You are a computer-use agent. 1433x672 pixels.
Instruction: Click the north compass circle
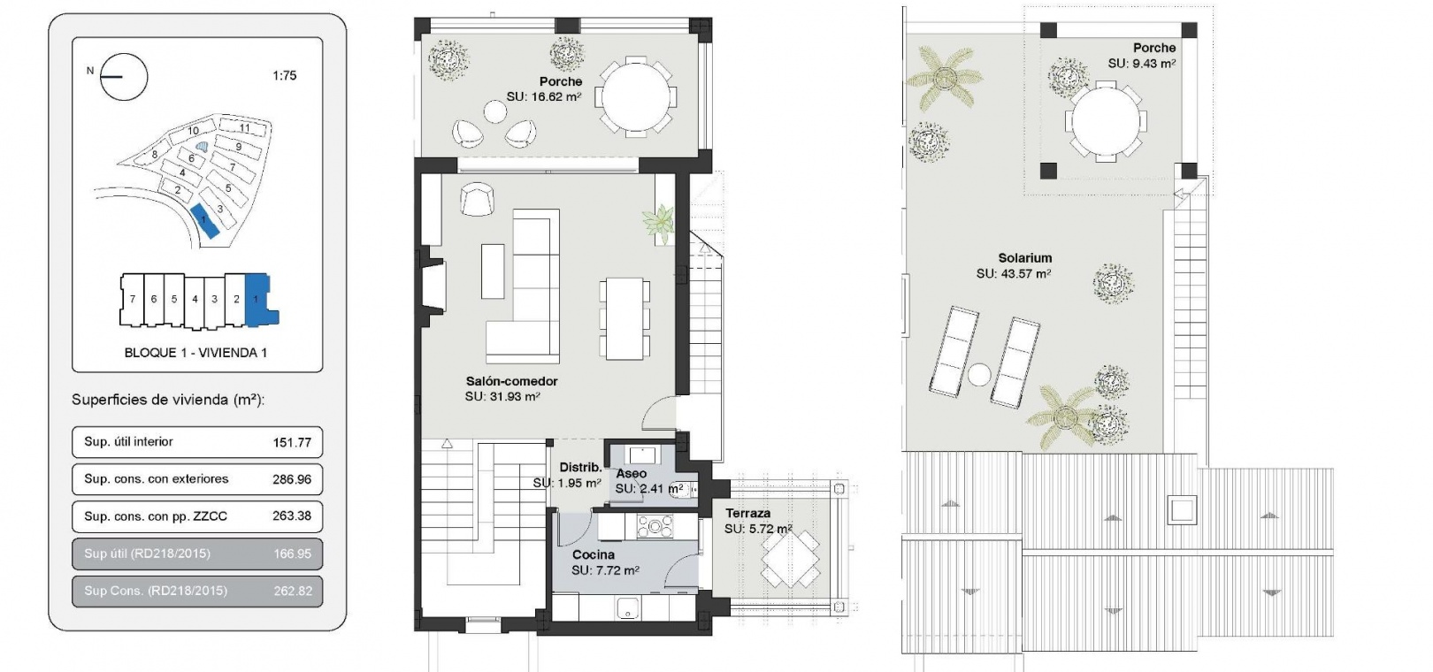[124, 54]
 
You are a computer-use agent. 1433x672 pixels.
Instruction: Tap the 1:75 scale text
[285, 75]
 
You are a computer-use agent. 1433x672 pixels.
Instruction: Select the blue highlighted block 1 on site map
[204, 221]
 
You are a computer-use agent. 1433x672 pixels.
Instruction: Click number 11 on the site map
[244, 128]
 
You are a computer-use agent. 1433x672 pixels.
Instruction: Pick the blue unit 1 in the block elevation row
[259, 300]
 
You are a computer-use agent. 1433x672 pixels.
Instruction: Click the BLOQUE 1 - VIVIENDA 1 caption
[195, 353]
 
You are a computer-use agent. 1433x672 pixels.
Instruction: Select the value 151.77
[292, 442]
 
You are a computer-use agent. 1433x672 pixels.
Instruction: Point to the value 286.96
[292, 479]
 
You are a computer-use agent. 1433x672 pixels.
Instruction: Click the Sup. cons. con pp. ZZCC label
[156, 516]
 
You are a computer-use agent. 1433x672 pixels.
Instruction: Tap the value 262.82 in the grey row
[293, 591]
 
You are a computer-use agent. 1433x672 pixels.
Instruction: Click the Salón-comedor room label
[512, 382]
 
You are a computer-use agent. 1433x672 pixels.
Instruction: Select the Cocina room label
[593, 555]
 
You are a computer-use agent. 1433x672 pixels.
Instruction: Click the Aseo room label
[632, 474]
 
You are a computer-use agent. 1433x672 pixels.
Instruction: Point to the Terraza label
[747, 514]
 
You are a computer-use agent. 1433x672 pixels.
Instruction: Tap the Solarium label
[1025, 258]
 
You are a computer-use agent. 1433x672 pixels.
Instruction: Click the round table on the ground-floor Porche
[636, 96]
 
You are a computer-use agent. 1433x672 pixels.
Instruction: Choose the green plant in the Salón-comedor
[659, 224]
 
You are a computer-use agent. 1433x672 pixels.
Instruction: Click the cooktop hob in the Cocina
[655, 527]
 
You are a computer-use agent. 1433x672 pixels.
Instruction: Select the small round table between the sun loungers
[979, 375]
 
